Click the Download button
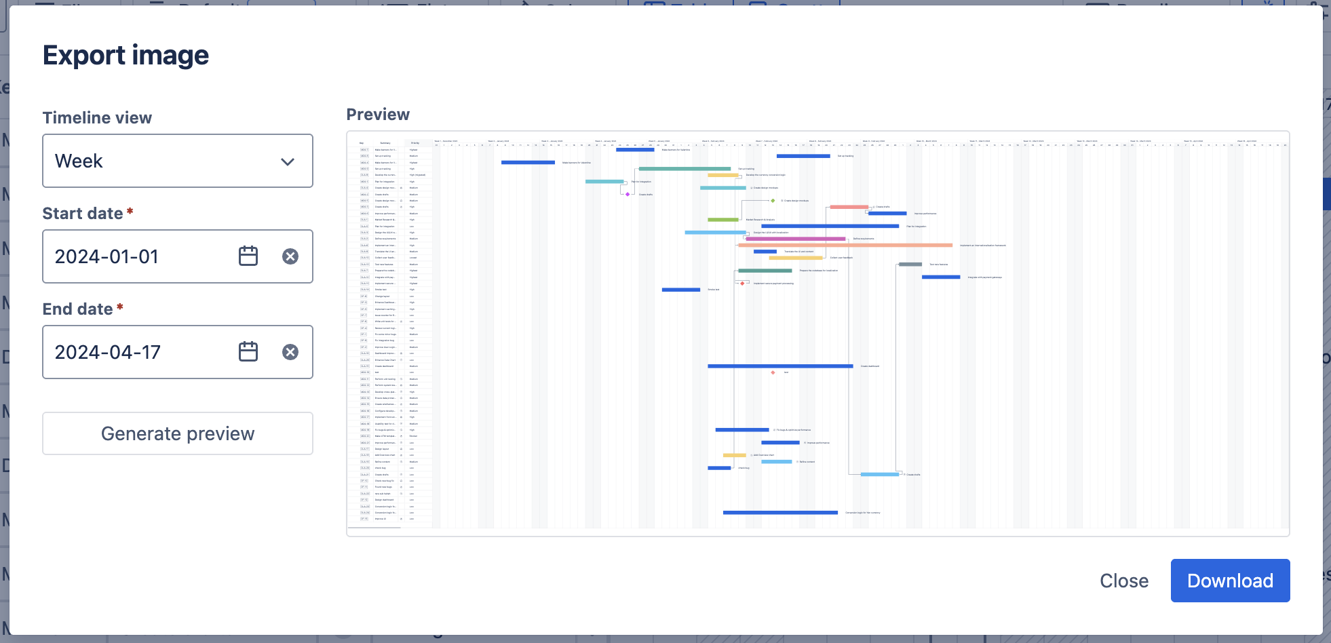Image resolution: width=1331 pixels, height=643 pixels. tap(1229, 581)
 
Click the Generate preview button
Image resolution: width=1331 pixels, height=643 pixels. tap(178, 433)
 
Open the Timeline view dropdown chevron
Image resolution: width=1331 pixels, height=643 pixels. tap(288, 161)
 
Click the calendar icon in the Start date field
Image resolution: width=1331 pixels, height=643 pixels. tap(248, 256)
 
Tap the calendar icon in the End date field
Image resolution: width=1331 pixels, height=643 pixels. tap(248, 352)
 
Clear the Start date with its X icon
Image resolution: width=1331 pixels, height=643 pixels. tap(290, 256)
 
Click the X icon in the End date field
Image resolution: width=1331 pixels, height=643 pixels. tap(290, 352)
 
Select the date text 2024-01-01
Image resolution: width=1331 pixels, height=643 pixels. tap(107, 256)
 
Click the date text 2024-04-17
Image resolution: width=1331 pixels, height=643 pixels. tap(108, 352)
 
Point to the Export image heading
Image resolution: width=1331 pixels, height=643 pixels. tap(126, 55)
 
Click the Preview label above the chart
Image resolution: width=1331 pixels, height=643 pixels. tap(378, 115)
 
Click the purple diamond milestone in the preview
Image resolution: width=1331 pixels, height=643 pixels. tap(628, 195)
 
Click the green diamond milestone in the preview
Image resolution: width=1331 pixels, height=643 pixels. tap(773, 201)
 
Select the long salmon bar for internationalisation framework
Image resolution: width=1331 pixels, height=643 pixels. tap(845, 246)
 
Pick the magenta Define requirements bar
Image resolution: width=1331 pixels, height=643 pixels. tap(795, 239)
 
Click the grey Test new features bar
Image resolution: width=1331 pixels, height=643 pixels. tap(910, 265)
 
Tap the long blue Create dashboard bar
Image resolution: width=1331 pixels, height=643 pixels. tap(780, 366)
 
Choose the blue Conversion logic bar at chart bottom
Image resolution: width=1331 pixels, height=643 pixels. tap(780, 513)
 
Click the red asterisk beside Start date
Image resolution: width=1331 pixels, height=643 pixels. tap(130, 212)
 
